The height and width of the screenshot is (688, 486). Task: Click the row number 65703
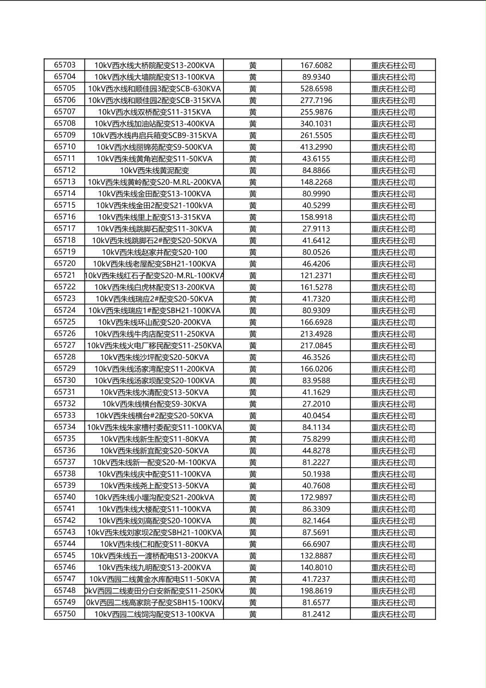tap(65, 65)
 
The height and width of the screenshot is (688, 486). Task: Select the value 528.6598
tap(316, 88)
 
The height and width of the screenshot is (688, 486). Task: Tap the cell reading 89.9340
tap(316, 77)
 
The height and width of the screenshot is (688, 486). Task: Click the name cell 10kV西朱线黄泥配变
tap(154, 170)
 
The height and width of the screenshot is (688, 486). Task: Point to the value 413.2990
tap(316, 147)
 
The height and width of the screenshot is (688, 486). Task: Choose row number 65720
tap(65, 263)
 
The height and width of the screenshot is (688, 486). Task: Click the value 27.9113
tap(316, 228)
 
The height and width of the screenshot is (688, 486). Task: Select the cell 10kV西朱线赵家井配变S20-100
tap(154, 252)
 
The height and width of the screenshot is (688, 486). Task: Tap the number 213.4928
tap(316, 334)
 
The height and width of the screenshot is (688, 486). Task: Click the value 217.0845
tap(316, 345)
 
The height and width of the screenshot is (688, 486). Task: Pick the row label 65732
tap(65, 403)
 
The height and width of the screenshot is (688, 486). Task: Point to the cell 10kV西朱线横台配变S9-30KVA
tap(154, 404)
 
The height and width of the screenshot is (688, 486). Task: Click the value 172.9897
tap(316, 497)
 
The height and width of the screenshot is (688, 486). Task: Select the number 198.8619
tap(316, 590)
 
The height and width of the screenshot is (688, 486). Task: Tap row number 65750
tap(65, 614)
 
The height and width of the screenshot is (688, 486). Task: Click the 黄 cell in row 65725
tap(253, 322)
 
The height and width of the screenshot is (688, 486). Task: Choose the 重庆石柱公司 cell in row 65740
tap(393, 497)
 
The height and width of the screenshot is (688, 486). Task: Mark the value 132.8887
tap(316, 556)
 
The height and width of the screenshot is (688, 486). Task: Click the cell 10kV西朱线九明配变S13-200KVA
tap(154, 567)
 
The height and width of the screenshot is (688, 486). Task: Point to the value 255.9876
tap(316, 112)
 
